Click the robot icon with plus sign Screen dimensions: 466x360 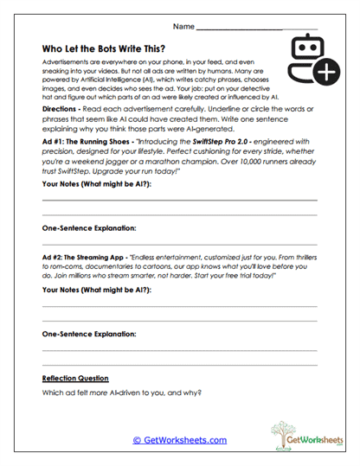311,61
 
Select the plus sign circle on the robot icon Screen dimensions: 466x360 325,74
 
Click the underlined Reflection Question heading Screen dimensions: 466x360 75,378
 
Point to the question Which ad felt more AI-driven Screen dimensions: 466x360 121,393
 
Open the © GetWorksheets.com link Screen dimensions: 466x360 179,440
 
